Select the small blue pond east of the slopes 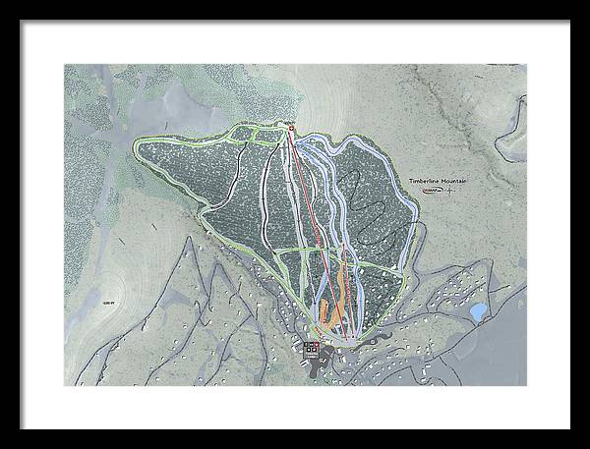477,311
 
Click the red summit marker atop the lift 292,128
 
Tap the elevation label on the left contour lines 106,306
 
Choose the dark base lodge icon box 310,350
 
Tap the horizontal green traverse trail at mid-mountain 295,250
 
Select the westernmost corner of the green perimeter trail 135,146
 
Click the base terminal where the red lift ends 346,338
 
